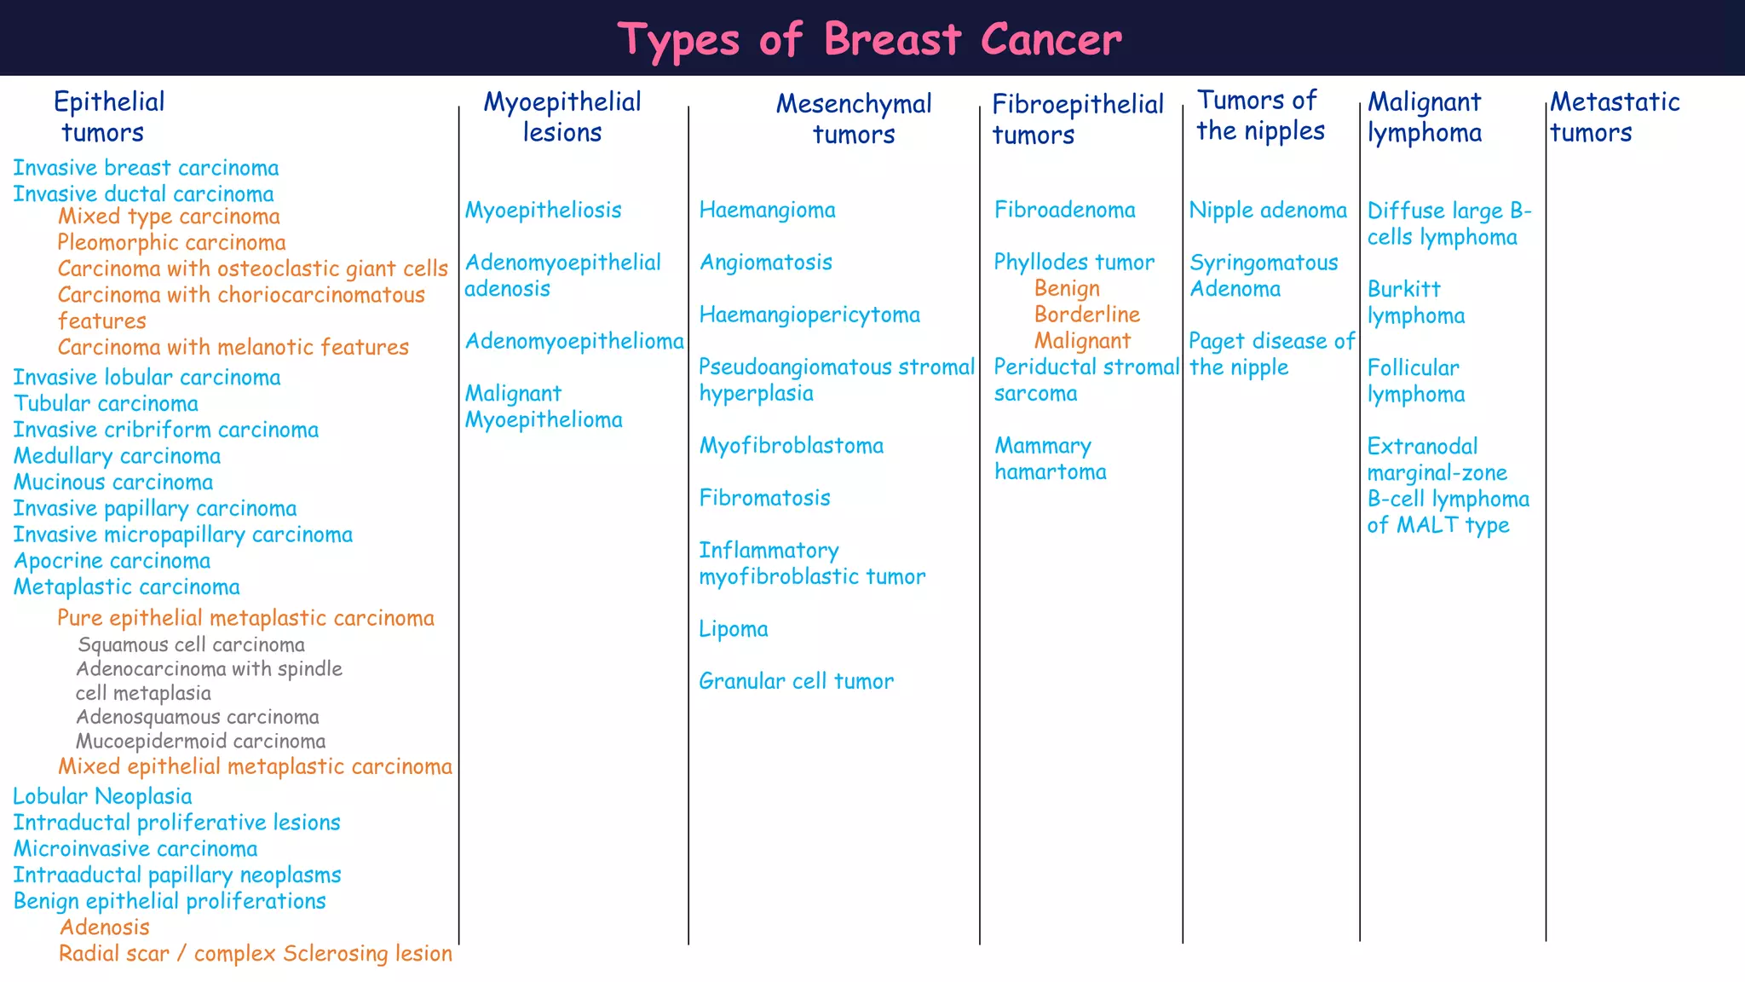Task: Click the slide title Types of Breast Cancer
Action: (870, 39)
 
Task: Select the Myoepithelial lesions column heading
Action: (562, 117)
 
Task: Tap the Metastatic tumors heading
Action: (1614, 117)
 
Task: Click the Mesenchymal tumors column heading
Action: (854, 118)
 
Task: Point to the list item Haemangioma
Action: (767, 210)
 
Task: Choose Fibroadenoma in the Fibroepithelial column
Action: (1064, 210)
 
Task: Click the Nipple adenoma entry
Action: (1268, 210)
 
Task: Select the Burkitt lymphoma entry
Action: (1415, 302)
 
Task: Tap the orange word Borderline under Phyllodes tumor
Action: (1086, 314)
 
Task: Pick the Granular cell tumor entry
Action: (796, 681)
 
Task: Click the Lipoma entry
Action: (733, 629)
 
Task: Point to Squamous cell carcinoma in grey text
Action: (191, 644)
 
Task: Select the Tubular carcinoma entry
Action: (106, 403)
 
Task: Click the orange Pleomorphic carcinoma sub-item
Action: (171, 242)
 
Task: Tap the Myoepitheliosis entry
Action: (543, 210)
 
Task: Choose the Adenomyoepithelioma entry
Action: (574, 341)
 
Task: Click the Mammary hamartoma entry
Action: (1050, 459)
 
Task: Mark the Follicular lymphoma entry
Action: (1415, 380)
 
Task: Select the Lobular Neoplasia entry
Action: (102, 796)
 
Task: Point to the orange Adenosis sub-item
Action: (104, 927)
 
